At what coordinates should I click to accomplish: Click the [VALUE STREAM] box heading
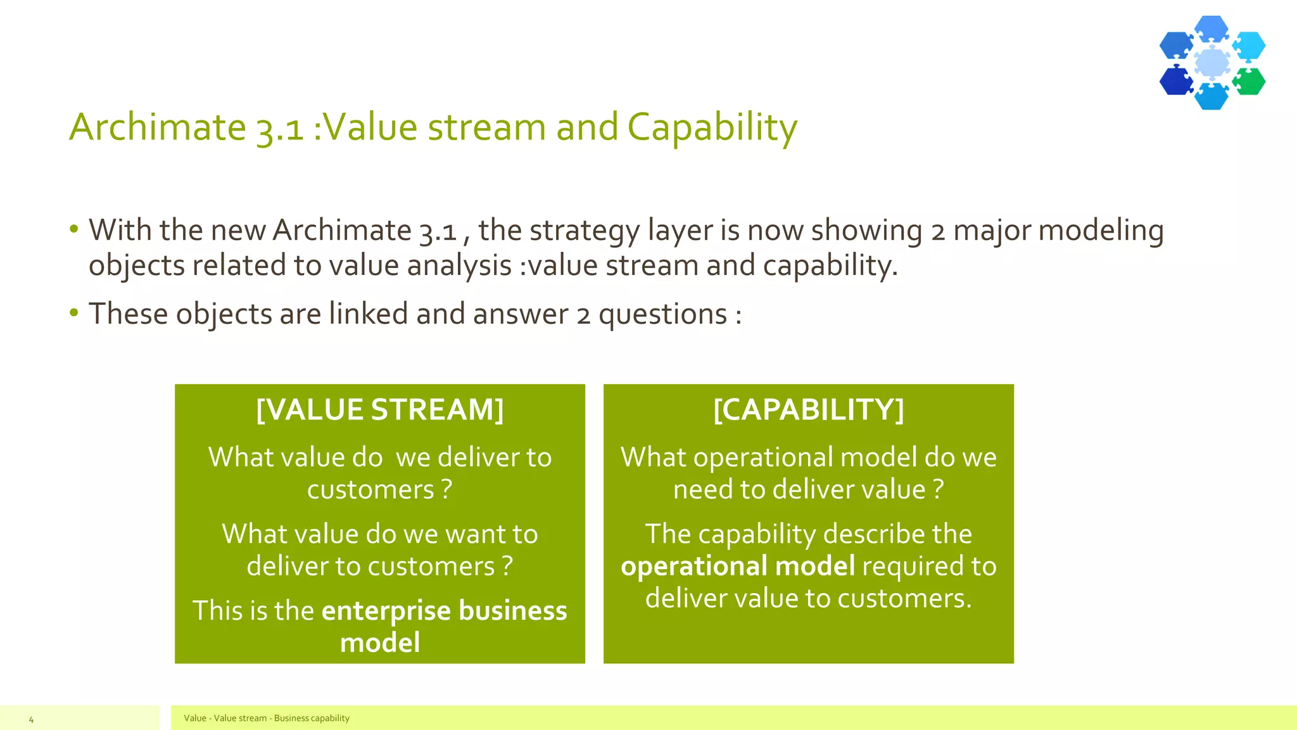coord(380,410)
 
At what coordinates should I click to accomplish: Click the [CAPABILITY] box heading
coord(808,410)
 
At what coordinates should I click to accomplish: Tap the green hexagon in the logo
coord(1250,81)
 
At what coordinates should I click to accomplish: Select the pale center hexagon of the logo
coord(1212,62)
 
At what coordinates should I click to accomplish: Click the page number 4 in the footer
coord(31,719)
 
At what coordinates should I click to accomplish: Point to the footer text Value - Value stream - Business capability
coord(266,718)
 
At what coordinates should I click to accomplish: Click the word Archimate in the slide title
coord(157,127)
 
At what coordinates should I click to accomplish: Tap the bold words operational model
coord(738,566)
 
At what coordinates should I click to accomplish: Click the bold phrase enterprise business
coord(444,610)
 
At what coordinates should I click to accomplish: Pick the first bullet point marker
coord(74,229)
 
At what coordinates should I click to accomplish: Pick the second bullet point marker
coord(74,312)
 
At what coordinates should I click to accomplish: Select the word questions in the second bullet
coord(662,314)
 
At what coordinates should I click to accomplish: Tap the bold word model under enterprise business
coord(380,643)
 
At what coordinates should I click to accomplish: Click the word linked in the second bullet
coord(368,314)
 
